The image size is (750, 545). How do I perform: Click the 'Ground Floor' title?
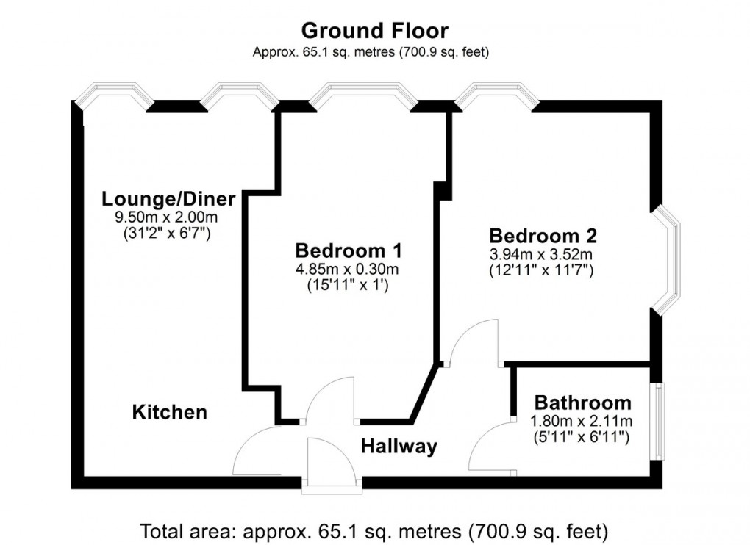point(374,31)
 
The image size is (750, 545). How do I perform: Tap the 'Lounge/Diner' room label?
point(168,199)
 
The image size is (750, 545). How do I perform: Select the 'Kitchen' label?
point(169,412)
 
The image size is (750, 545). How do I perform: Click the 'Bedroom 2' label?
point(543,237)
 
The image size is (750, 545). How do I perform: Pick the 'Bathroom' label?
point(582,403)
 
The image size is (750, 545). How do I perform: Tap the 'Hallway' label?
point(399,446)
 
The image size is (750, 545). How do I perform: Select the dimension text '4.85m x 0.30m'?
point(348,269)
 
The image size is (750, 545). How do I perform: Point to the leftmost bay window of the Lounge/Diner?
point(114,93)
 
